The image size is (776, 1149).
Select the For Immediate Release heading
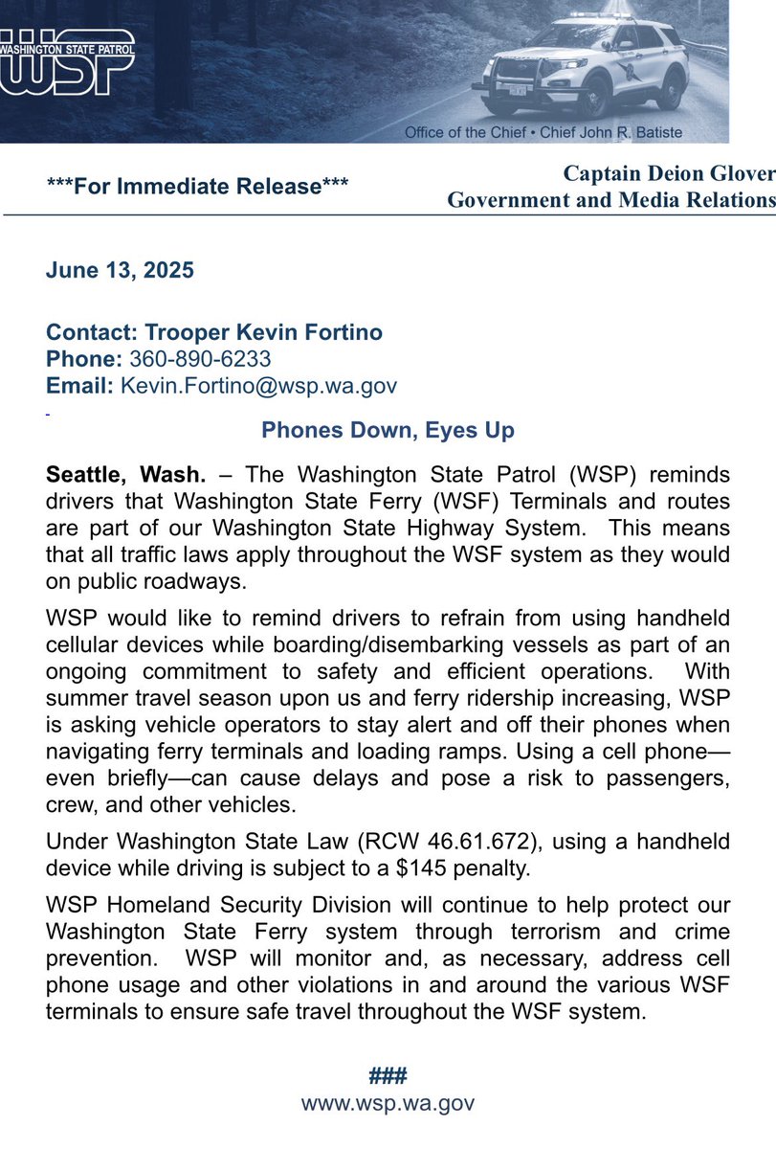197,186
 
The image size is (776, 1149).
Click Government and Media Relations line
611,199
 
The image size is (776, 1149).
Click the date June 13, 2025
120,270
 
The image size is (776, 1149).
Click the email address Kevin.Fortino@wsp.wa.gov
258,385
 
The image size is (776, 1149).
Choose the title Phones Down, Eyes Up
388,430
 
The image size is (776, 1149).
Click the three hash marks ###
388,1075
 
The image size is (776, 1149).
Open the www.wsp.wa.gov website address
388,1103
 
